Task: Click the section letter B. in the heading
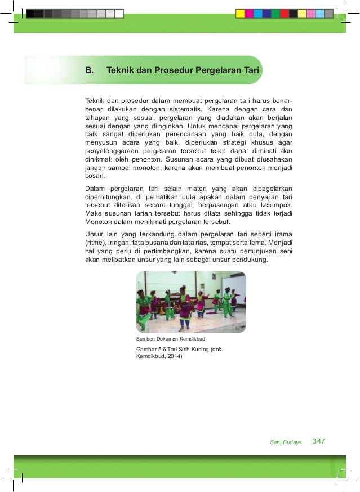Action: (x=88, y=71)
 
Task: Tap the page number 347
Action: (x=319, y=441)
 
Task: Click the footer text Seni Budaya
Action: (x=286, y=442)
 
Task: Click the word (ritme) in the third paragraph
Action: (x=95, y=243)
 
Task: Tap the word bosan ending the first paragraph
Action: (x=95, y=176)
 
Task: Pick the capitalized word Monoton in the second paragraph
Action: (x=99, y=222)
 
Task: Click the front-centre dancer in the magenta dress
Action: (x=185, y=307)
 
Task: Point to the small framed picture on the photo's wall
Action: (x=214, y=277)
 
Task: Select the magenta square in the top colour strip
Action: (x=249, y=14)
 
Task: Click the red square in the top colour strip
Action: (x=285, y=14)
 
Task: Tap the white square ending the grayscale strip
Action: (x=118, y=14)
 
